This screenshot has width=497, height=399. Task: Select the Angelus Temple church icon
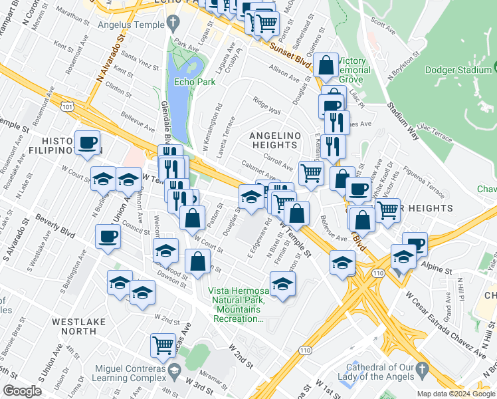(x=173, y=25)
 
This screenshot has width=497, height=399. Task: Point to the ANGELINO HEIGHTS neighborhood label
(x=272, y=140)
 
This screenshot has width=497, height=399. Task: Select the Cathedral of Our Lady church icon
(x=421, y=367)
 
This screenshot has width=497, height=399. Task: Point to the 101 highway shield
(x=66, y=105)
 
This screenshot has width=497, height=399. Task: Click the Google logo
(x=21, y=390)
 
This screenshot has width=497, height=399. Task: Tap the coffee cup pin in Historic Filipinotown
(x=88, y=144)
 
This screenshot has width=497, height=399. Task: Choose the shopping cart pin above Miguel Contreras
(x=163, y=344)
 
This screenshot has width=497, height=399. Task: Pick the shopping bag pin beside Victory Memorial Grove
(x=326, y=66)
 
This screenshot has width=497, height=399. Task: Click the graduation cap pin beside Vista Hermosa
(x=283, y=283)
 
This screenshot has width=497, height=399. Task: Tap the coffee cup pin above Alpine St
(x=416, y=244)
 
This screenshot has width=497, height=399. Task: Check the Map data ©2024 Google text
(x=455, y=394)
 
